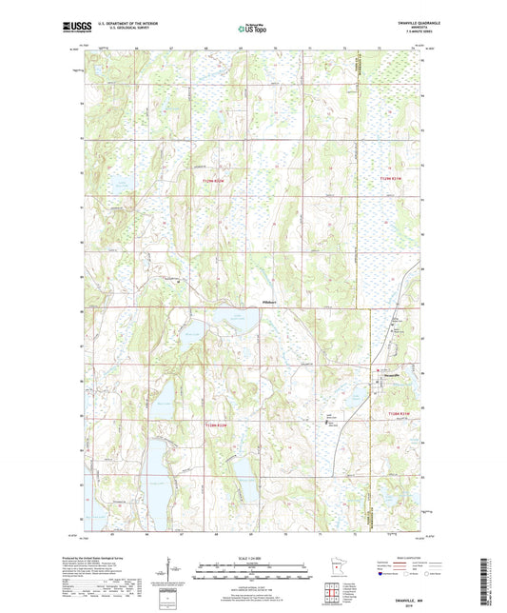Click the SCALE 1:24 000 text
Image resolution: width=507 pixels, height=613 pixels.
(253, 557)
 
